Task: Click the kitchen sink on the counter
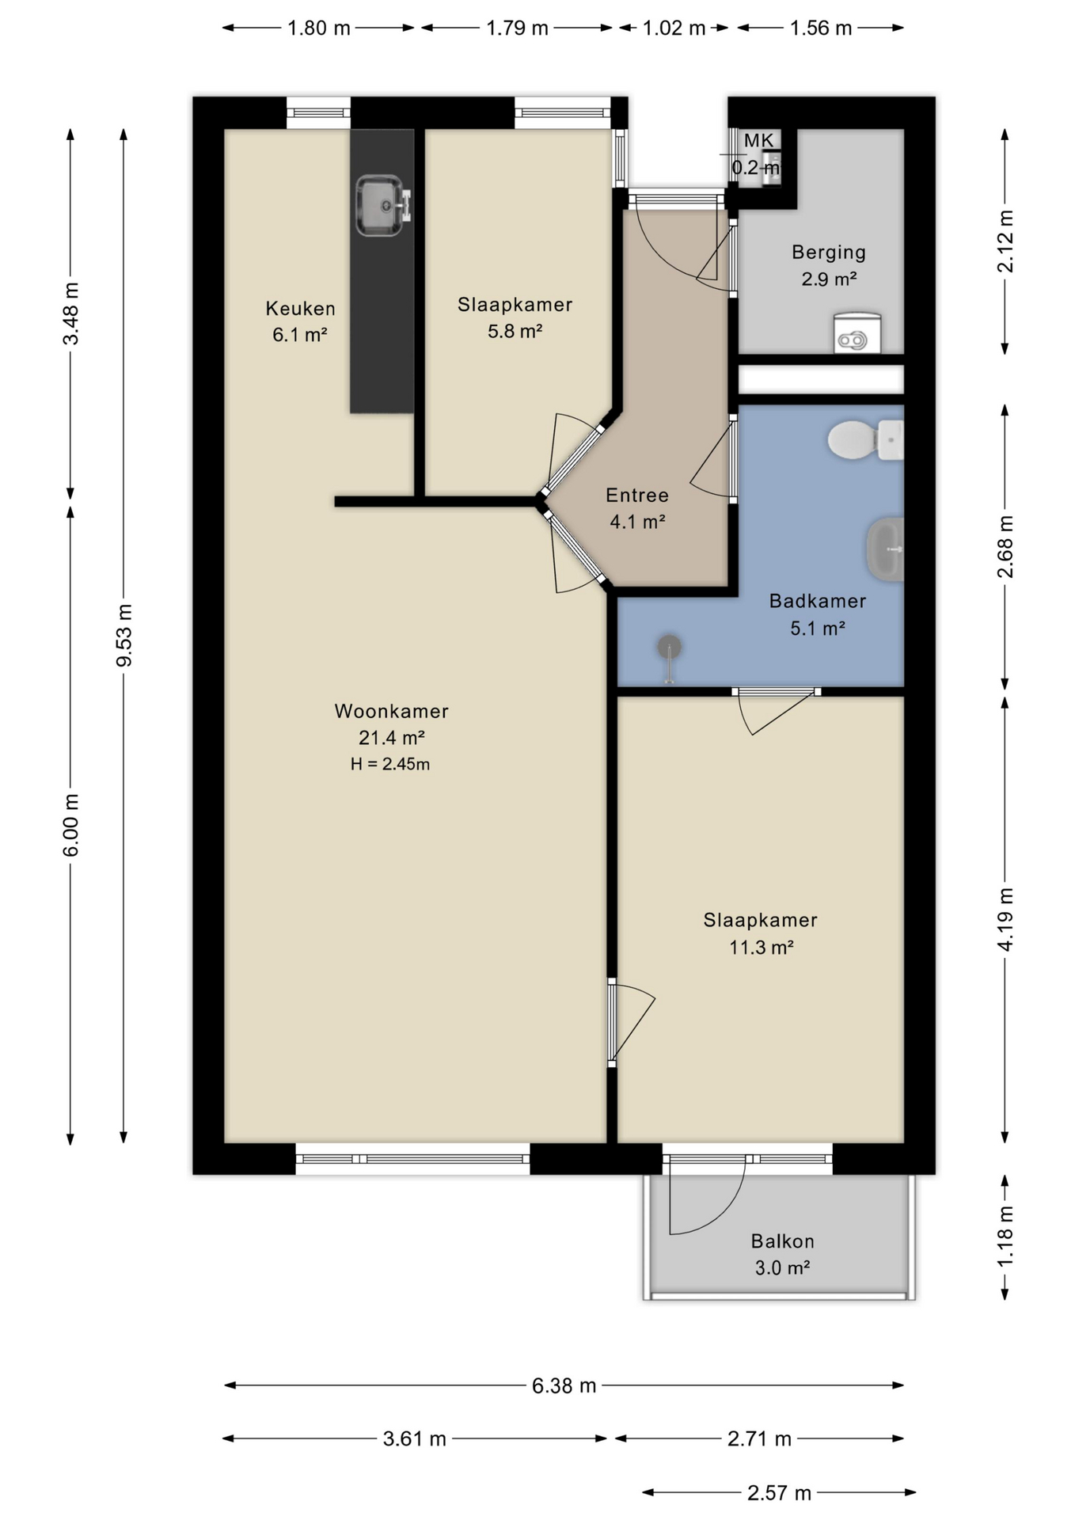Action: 383,206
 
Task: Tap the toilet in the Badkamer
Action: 865,440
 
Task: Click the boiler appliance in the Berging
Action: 857,332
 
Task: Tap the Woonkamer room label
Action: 392,711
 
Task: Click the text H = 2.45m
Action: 390,764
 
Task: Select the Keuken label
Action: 300,308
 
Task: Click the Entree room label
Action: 637,496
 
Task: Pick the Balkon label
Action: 782,1241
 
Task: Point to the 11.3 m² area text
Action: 762,947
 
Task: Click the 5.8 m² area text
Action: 515,331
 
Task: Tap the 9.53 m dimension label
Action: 124,635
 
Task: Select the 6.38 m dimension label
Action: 564,1385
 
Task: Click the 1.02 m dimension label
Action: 674,28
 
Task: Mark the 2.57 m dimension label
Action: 779,1493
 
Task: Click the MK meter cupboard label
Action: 758,141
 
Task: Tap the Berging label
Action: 829,253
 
